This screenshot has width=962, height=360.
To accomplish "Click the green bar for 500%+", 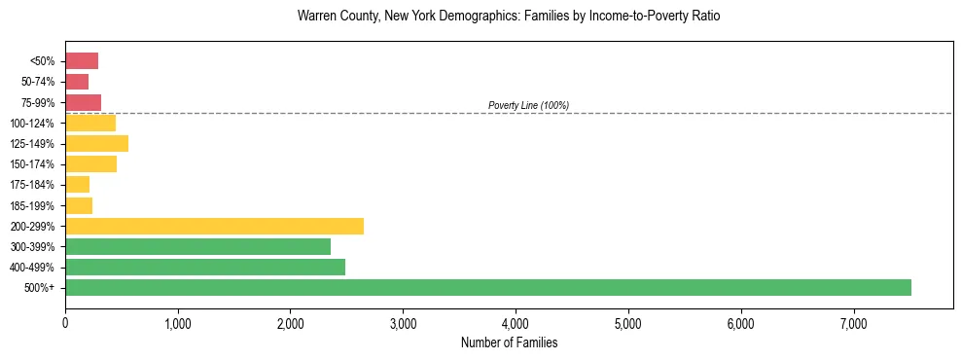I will (x=487, y=287).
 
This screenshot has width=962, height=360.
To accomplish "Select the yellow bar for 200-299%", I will (x=214, y=226).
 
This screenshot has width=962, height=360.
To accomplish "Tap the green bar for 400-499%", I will (x=204, y=267).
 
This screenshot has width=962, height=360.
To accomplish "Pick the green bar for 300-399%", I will (x=197, y=246).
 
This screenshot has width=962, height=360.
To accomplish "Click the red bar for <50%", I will (x=82, y=61).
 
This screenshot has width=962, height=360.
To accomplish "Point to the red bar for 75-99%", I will (x=83, y=102).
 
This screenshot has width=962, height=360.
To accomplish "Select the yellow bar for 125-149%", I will (x=96, y=144).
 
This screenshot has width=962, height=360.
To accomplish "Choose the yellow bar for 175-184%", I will (x=77, y=185).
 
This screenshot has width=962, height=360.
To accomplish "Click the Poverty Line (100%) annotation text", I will (x=528, y=105).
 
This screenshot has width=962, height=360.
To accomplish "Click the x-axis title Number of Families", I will (x=509, y=342).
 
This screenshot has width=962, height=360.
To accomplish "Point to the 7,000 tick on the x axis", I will (x=853, y=322).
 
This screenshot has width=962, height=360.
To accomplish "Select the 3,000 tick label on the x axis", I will (x=403, y=322).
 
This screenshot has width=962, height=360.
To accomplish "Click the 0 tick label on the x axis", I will (x=65, y=322).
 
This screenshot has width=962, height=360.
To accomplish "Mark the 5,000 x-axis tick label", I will (x=628, y=322).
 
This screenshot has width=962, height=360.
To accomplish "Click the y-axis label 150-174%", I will (x=33, y=164).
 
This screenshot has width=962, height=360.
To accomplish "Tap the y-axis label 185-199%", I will (x=33, y=205).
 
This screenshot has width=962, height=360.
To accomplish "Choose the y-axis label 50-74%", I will (x=37, y=82).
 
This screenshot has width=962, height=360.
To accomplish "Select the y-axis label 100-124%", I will (x=33, y=124).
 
